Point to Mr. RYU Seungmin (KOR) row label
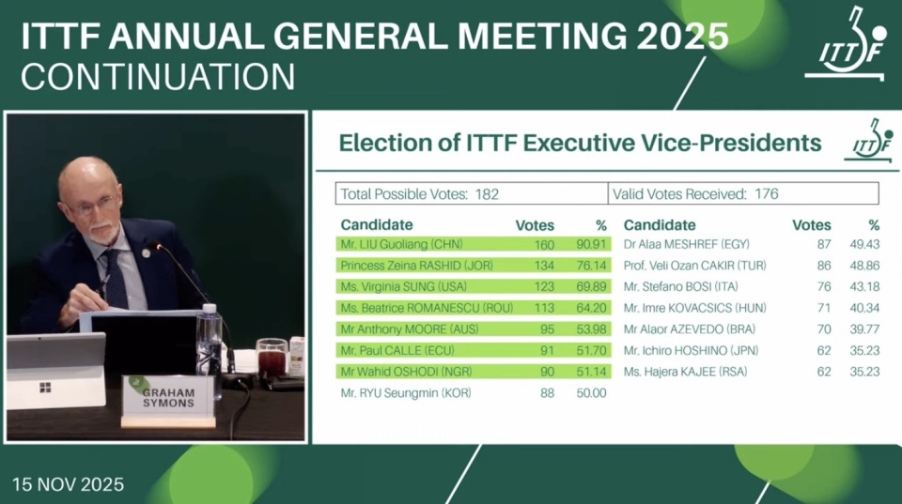coord(405,393)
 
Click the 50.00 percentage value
coord(592,393)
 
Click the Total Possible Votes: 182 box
coord(472,194)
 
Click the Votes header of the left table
coord(535,225)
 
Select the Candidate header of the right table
coord(660,225)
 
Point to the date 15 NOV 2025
coord(68,485)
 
